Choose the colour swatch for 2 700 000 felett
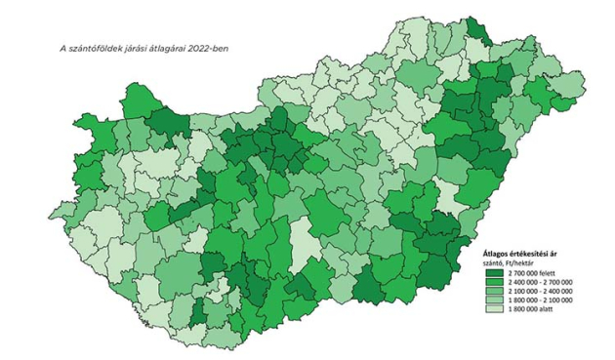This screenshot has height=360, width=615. pos(494,274)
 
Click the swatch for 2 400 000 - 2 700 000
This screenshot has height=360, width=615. pos(494,283)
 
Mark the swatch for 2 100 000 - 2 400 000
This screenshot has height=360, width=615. pos(494,291)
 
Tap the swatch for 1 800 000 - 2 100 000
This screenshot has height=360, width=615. pos(494,300)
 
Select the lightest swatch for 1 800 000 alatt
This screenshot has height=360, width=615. pos(494,308)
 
